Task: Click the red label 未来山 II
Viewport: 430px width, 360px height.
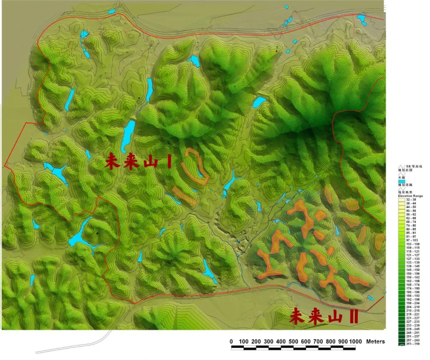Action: click(x=324, y=317)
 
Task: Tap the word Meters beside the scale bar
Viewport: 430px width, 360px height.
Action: click(x=375, y=342)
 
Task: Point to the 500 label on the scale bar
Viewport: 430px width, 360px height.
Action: click(x=293, y=342)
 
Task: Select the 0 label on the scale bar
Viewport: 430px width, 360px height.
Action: click(x=231, y=342)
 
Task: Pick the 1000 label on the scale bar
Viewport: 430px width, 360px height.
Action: click(x=355, y=342)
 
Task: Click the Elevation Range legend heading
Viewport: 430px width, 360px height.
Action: click(x=414, y=195)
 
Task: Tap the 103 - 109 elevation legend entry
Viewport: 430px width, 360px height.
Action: click(x=414, y=244)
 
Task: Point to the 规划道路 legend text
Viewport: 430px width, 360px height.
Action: click(x=414, y=185)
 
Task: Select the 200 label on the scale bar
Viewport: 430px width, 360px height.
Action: click(x=256, y=342)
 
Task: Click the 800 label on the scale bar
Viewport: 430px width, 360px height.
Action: click(x=331, y=342)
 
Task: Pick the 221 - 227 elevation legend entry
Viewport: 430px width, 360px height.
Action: click(x=414, y=317)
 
